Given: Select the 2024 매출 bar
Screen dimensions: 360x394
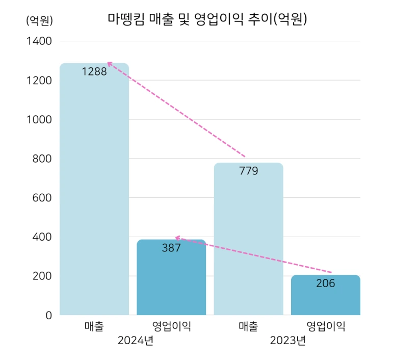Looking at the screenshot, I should [x=94, y=194].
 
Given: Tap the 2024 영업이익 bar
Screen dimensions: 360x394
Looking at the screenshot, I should [x=171, y=280].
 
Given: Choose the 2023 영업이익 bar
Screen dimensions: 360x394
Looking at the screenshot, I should [x=325, y=298].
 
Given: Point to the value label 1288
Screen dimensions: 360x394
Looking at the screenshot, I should [x=94, y=71].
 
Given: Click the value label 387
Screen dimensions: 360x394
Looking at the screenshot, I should [x=171, y=248].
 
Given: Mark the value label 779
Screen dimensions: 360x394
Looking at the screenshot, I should [x=249, y=171].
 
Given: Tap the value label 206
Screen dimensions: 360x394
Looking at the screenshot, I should [x=326, y=284].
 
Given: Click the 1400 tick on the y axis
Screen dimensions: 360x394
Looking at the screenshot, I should [x=39, y=41].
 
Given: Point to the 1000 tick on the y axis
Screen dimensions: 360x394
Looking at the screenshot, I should [x=39, y=119].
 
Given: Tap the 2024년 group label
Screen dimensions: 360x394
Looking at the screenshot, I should [x=135, y=341].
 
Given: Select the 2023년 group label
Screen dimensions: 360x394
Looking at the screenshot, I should [x=288, y=341].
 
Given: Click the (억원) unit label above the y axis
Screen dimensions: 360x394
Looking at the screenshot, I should [x=39, y=20].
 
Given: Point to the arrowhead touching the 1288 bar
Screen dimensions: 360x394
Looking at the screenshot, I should [x=109, y=64].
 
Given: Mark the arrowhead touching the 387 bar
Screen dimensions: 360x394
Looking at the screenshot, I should [x=177, y=237].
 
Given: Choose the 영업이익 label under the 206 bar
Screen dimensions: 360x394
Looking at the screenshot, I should [x=326, y=326].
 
